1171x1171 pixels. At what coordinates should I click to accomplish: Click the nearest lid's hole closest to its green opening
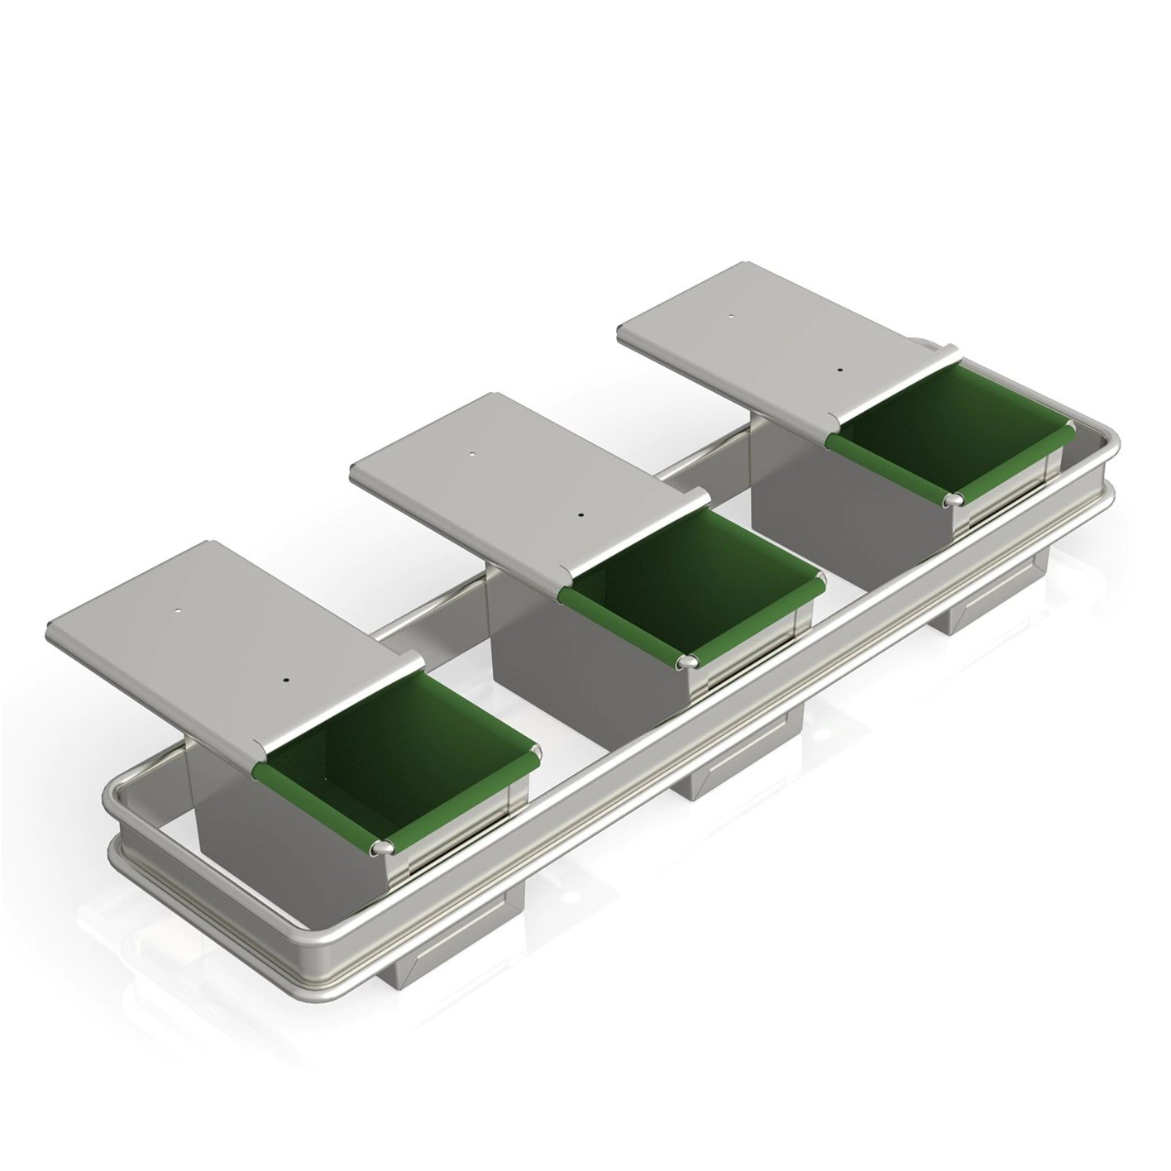pyautogui.click(x=285, y=680)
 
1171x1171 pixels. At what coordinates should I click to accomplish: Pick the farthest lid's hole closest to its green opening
pyautogui.click(x=839, y=370)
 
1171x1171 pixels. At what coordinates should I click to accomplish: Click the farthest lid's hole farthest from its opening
pyautogui.click(x=731, y=315)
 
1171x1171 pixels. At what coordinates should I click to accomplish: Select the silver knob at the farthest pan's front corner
pyautogui.click(x=953, y=499)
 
